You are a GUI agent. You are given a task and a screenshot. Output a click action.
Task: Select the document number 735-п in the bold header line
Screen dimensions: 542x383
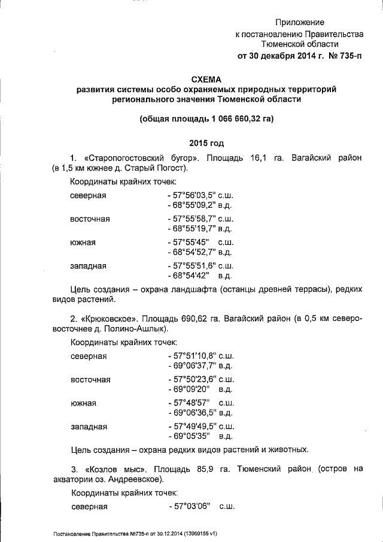click(348, 56)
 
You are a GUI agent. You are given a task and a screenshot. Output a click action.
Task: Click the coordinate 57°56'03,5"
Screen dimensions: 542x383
click(194, 196)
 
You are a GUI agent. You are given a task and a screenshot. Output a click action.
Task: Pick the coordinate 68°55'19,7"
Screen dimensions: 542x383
click(194, 228)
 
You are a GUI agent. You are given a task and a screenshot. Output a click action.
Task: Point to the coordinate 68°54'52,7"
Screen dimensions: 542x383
click(194, 252)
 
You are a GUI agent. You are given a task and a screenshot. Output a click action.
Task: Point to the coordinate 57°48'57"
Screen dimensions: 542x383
click(189, 403)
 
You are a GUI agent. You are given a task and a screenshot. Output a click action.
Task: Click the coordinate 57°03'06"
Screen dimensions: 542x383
click(189, 507)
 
